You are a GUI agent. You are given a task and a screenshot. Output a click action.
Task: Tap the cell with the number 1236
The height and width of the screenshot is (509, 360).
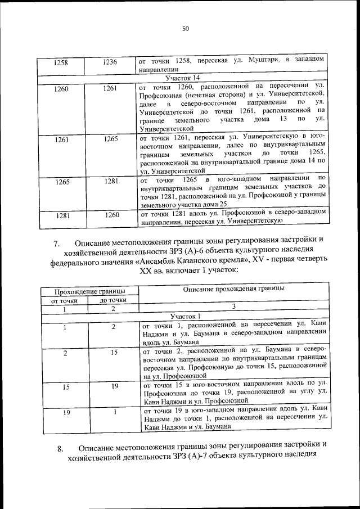click(110, 62)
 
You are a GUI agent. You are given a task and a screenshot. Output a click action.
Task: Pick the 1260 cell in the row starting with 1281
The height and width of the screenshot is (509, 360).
click(111, 215)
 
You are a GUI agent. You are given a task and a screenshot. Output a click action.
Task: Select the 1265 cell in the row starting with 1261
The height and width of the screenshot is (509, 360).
click(111, 138)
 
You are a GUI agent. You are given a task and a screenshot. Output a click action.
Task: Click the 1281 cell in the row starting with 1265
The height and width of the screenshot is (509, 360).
click(111, 181)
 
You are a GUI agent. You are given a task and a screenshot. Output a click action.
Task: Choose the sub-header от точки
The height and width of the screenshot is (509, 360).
click(65, 300)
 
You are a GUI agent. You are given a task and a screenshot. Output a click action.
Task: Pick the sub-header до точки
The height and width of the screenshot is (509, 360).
click(112, 300)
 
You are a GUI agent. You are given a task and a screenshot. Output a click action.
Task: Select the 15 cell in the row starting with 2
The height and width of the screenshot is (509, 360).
click(113, 353)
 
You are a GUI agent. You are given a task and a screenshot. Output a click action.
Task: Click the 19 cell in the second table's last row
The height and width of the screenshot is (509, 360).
click(66, 413)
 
